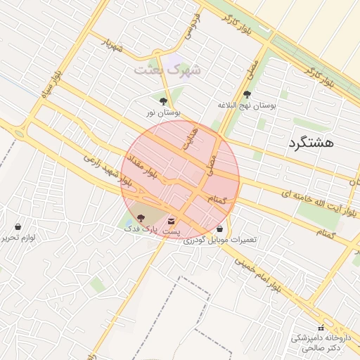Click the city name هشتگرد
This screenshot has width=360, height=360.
point(309,145)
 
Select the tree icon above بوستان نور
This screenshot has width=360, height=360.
point(164,101)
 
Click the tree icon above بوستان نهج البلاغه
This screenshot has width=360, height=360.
point(247,94)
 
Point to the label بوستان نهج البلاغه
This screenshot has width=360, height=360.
point(247,105)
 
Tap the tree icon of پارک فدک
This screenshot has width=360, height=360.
point(141,219)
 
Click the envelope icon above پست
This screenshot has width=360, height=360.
point(172,222)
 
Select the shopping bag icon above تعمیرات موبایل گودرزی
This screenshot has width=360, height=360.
point(220,229)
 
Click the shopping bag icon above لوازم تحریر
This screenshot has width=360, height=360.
point(18,227)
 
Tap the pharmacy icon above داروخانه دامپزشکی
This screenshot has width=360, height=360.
point(321,328)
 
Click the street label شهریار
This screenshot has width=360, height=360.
point(110,45)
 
